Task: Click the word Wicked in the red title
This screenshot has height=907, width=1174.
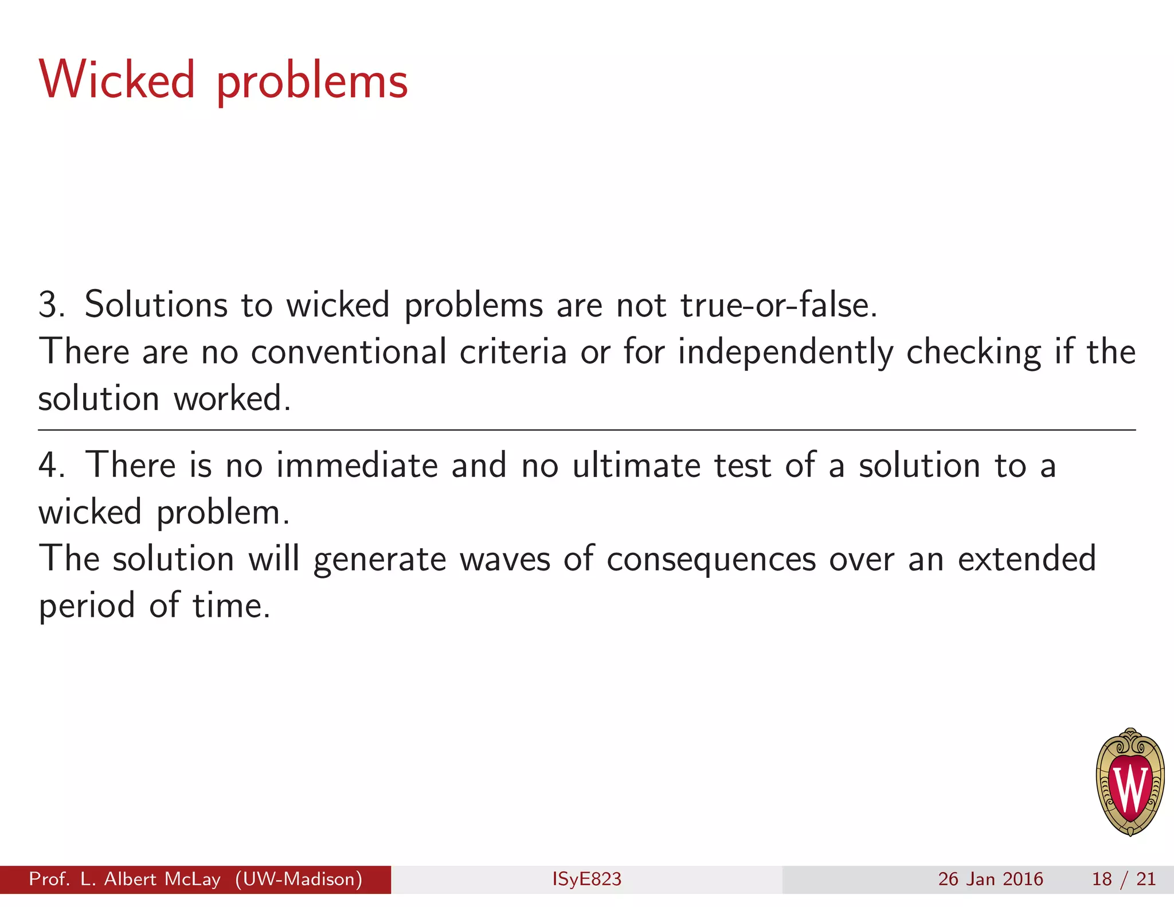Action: (x=117, y=80)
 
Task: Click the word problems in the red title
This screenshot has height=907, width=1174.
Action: (x=312, y=84)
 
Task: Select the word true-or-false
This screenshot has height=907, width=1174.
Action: (x=778, y=305)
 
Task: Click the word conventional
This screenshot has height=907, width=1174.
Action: (x=349, y=351)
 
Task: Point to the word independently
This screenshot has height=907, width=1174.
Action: (x=785, y=353)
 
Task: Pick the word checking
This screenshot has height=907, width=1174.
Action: (x=973, y=353)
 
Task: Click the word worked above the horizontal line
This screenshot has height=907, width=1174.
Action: (x=232, y=398)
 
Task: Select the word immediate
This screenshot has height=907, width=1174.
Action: (x=357, y=465)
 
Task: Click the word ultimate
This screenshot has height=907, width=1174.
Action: (x=636, y=465)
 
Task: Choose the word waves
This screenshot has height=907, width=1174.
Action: (x=504, y=559)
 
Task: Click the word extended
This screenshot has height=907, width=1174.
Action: (x=1027, y=559)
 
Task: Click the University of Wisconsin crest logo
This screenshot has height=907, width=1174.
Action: (x=1129, y=783)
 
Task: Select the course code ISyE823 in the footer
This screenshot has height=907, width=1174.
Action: (x=586, y=879)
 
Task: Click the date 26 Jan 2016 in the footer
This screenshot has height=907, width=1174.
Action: (x=990, y=879)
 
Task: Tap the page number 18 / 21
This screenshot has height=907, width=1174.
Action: (x=1123, y=879)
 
